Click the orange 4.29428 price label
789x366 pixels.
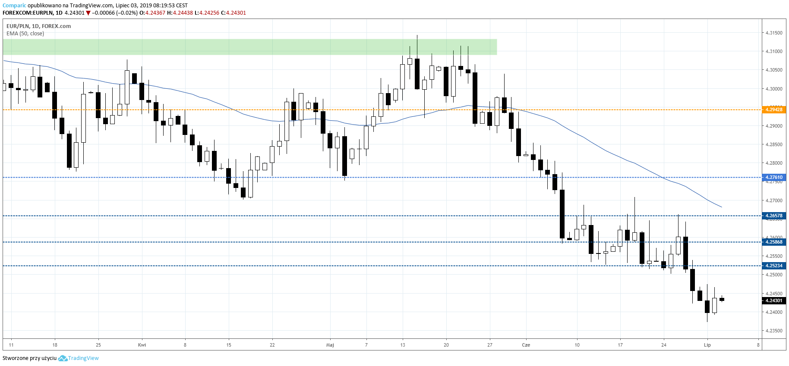(773, 109)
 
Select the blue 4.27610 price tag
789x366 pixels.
(773, 177)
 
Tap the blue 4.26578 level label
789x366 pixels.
(773, 216)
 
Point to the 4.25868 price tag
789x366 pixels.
(773, 242)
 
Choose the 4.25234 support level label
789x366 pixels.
(773, 266)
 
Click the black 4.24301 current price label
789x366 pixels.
(773, 300)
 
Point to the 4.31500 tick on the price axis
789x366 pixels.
(774, 33)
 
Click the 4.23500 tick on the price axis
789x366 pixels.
(774, 331)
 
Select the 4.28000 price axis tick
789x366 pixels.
(774, 163)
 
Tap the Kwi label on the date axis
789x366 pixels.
(142, 345)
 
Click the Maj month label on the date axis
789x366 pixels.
(330, 345)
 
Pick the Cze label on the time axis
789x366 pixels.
(526, 345)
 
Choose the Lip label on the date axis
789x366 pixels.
(707, 345)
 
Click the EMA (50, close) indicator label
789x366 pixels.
(25, 34)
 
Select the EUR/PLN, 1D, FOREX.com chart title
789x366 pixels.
(38, 26)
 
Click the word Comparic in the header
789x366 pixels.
(14, 6)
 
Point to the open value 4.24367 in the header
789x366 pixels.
(155, 13)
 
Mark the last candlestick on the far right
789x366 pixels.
(722, 299)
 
